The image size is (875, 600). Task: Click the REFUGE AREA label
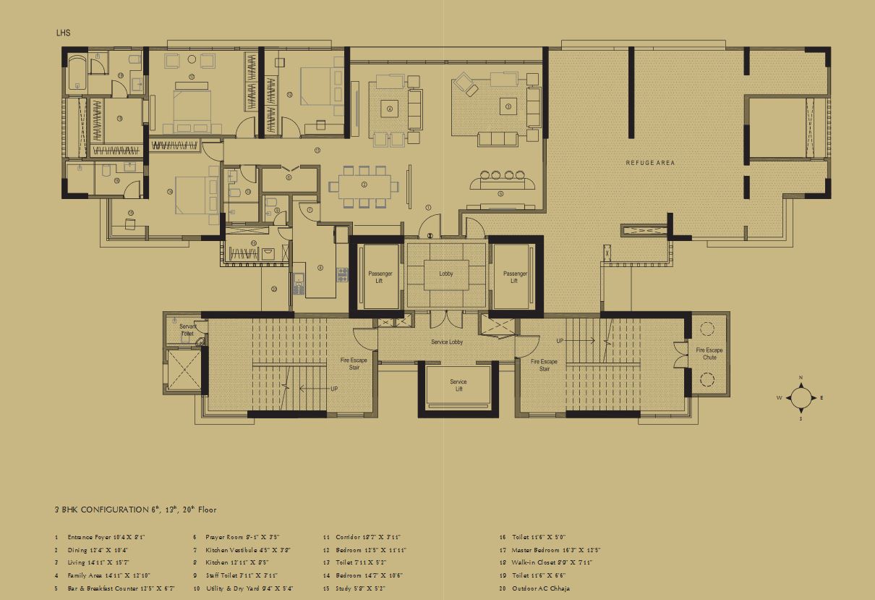[x=650, y=163]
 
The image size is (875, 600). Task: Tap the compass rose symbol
[x=801, y=397]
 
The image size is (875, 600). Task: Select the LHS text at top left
[x=63, y=33]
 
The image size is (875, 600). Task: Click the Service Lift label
[x=458, y=385]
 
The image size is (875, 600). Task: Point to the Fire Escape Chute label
[x=709, y=353]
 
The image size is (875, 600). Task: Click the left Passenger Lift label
[x=380, y=277]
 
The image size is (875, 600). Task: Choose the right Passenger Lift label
[x=514, y=277]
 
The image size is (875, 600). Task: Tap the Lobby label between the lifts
[x=446, y=274]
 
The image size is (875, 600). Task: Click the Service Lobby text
[x=447, y=342]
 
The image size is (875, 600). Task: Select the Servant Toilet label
[x=187, y=330]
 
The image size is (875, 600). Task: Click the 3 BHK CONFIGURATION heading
[x=135, y=510]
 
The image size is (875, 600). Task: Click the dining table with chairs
[x=364, y=185]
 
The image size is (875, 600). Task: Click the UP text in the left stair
[x=334, y=389]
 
